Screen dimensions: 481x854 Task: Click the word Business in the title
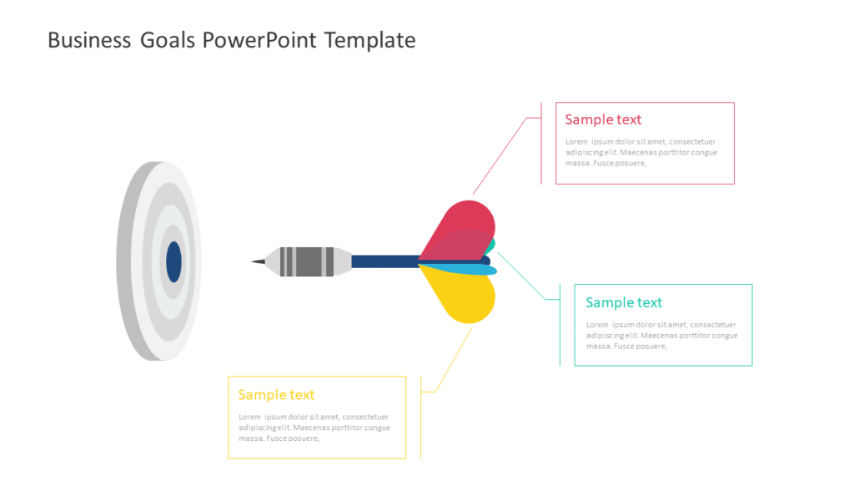[x=88, y=40]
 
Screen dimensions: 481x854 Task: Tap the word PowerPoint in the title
[x=259, y=40]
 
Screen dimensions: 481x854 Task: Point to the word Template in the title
[x=369, y=40]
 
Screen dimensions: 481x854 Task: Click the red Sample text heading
[x=603, y=119]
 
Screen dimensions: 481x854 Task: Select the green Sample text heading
[x=624, y=302]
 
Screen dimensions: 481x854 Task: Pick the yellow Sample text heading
[x=276, y=394]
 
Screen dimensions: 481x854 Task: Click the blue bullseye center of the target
[x=173, y=261]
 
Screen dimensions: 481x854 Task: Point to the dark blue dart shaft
[x=384, y=261]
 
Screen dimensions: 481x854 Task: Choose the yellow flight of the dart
[x=463, y=296]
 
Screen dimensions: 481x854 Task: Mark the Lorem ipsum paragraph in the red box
[x=640, y=152]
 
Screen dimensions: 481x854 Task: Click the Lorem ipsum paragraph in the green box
[x=661, y=335]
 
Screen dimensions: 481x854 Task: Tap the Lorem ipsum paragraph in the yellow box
[x=314, y=427]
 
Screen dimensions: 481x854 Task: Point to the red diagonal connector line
[x=500, y=155]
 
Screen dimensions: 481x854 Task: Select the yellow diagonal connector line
[x=454, y=359]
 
